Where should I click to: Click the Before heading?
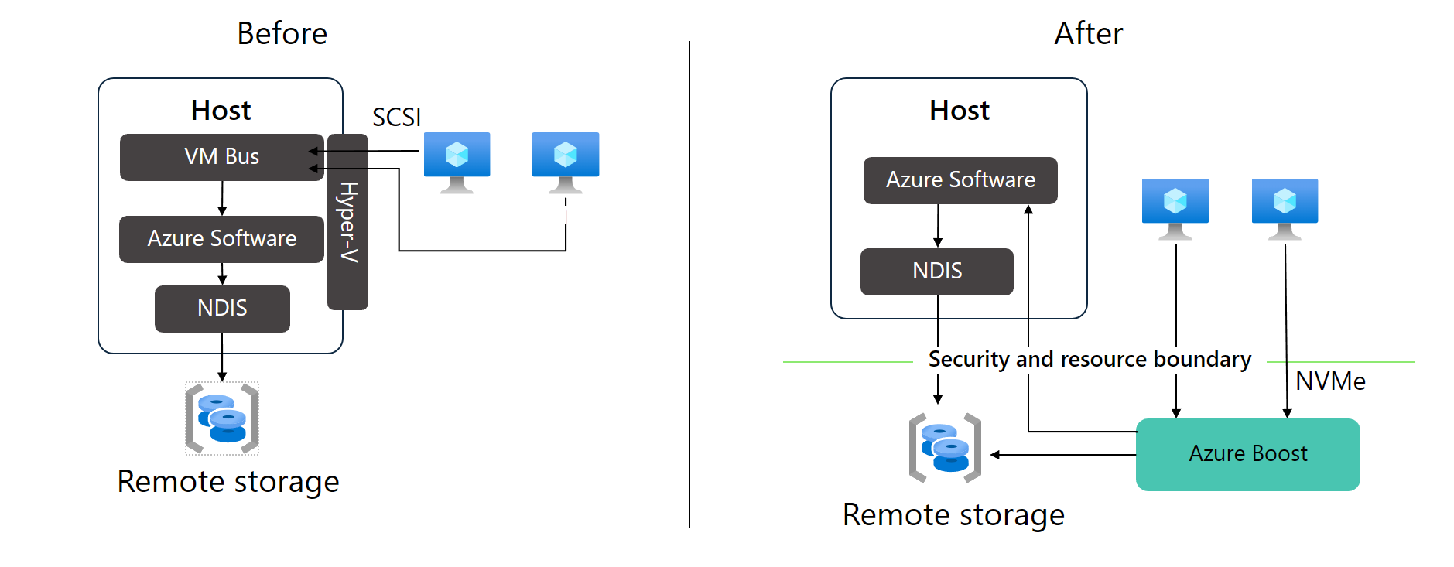[x=282, y=34]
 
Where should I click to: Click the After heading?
[x=1087, y=34]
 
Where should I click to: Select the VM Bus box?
[x=221, y=157]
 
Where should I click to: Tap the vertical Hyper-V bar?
[x=347, y=222]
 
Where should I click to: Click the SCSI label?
[x=396, y=118]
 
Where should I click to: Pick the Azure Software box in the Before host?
[x=221, y=239]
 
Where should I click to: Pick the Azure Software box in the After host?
[x=960, y=180]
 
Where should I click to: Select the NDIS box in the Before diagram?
[x=222, y=309]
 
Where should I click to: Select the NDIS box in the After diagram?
[x=936, y=272]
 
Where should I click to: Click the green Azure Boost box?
[x=1247, y=454]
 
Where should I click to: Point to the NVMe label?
[x=1329, y=381]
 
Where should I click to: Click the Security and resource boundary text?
[x=1089, y=360]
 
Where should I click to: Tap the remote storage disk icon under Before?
[x=222, y=418]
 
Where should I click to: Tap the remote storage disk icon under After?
[x=945, y=448]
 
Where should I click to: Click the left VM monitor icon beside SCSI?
[x=457, y=162]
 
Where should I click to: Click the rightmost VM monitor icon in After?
[x=1285, y=208]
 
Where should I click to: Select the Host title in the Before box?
[x=221, y=111]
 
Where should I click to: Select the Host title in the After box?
[x=959, y=111]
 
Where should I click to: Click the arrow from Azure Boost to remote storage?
[x=1064, y=455]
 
